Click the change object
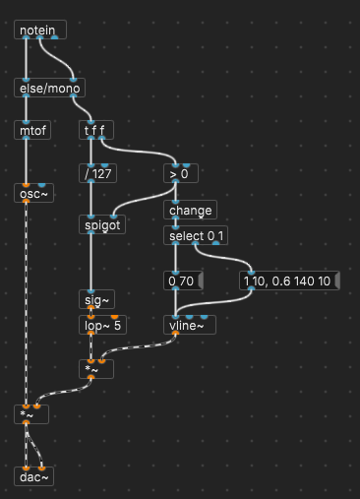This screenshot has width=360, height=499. click(x=190, y=210)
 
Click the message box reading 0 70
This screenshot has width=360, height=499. click(x=184, y=281)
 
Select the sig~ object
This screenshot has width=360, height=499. click(x=97, y=298)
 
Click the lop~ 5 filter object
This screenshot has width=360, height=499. click(x=103, y=324)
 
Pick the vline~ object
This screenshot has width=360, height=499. click(x=188, y=324)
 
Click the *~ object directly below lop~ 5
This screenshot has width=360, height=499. click(x=97, y=369)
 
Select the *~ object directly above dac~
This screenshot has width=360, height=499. click(x=30, y=414)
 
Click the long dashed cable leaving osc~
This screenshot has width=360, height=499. click(x=25, y=295)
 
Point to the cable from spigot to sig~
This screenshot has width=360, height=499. click(x=90, y=262)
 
